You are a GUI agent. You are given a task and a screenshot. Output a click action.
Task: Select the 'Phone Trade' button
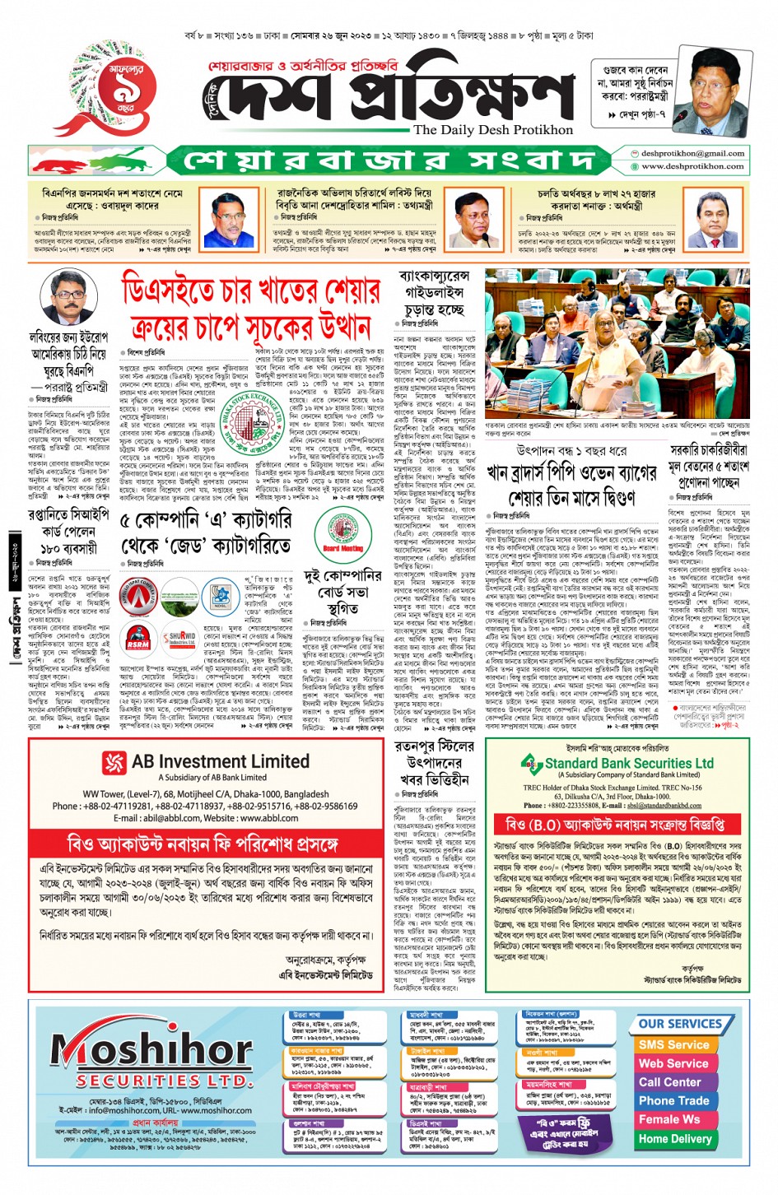tap(673, 1100)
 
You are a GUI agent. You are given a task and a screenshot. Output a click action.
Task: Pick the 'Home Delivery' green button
tap(674, 1139)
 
